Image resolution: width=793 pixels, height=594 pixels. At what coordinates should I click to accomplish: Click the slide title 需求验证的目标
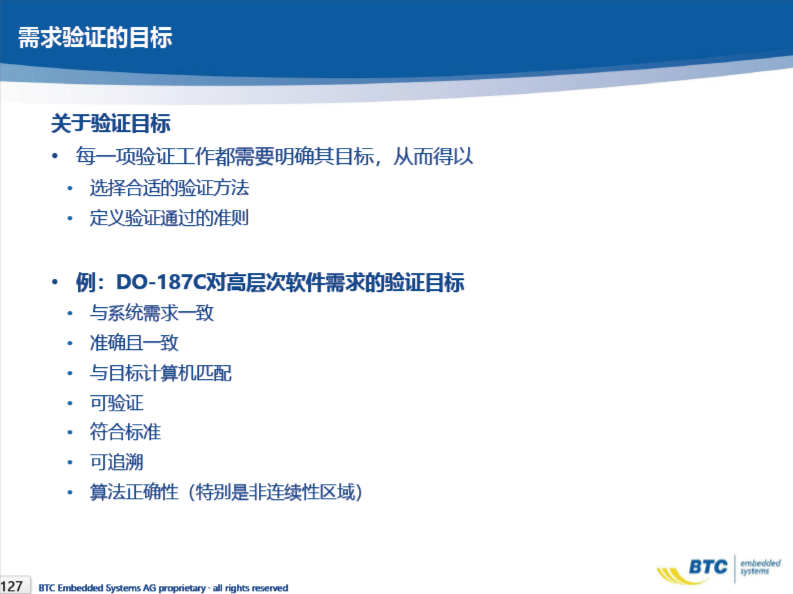(95, 37)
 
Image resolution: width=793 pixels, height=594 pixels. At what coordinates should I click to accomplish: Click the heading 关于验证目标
(111, 123)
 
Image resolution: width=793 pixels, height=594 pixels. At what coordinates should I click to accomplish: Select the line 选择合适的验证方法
(169, 188)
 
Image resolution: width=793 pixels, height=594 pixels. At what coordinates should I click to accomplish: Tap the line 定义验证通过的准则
(169, 218)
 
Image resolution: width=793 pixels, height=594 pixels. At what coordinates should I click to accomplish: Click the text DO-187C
(160, 282)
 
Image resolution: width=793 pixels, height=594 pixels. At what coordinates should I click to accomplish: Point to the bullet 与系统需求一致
(151, 313)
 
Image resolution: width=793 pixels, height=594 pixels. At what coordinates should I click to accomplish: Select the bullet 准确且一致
(134, 343)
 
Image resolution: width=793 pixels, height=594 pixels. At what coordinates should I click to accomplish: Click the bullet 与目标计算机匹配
(161, 373)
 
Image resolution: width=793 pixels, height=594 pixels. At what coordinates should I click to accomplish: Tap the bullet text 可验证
(116, 403)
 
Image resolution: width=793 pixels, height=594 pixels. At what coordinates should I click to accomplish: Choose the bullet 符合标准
(125, 432)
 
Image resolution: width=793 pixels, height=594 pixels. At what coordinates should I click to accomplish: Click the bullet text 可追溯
(116, 462)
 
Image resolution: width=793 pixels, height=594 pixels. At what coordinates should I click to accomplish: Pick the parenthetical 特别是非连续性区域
(275, 492)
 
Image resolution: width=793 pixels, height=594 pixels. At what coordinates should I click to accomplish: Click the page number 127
(11, 586)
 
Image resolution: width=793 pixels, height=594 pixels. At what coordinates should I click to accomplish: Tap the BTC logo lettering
(708, 567)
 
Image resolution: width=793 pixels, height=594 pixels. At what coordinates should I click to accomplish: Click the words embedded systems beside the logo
(760, 567)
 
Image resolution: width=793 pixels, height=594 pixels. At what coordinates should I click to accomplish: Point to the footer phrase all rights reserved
(250, 588)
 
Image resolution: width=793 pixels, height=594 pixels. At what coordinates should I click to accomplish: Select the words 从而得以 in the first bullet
(434, 156)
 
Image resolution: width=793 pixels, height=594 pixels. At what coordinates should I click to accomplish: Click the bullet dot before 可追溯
(70, 463)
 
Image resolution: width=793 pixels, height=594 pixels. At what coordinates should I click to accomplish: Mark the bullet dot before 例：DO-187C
(55, 282)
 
